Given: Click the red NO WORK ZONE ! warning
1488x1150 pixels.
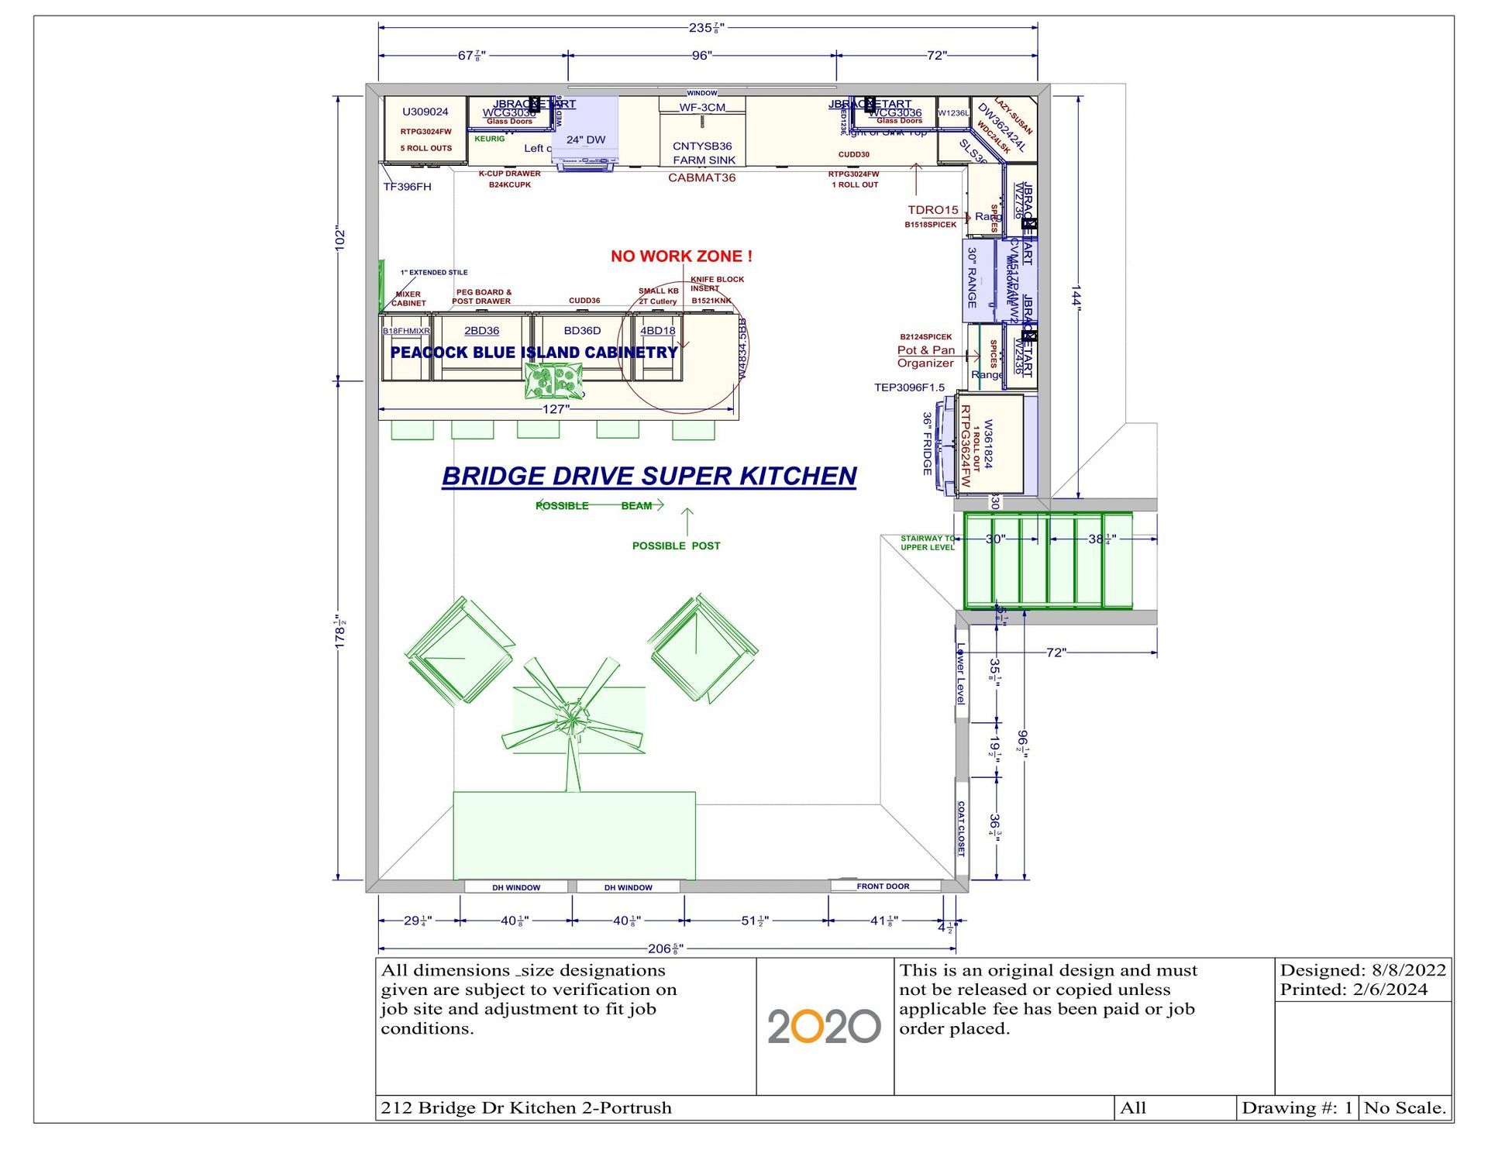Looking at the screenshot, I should [681, 257].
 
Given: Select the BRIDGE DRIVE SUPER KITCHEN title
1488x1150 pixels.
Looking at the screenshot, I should [649, 476].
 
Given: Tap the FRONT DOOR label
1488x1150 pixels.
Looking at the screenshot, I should [883, 886].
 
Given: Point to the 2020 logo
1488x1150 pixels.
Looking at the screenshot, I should [824, 1026].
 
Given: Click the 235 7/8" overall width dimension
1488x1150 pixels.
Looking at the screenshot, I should [706, 28].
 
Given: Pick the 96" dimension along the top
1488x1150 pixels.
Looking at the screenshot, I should [701, 56].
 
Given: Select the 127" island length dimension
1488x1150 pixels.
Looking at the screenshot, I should [555, 409].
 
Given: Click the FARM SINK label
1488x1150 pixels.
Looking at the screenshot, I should [704, 160].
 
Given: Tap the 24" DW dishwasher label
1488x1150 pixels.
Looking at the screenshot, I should [586, 140].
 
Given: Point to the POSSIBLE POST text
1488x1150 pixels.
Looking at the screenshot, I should [676, 546].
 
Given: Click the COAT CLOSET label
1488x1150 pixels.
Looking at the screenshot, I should [961, 828].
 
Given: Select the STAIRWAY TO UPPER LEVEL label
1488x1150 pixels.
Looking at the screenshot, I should [928, 542].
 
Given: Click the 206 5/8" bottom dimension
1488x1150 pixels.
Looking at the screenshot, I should [665, 949].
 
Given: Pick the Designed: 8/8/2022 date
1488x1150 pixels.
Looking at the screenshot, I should [1362, 970].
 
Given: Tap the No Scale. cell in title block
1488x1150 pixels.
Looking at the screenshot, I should [1405, 1108].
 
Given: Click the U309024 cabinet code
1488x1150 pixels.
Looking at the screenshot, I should [425, 112].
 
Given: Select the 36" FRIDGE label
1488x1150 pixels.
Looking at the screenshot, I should [927, 443].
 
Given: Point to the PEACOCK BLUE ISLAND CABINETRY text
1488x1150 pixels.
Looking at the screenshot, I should [534, 353].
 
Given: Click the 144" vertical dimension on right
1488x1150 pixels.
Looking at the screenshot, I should [1076, 295].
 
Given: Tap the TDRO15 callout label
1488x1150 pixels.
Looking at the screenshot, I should [933, 210].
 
